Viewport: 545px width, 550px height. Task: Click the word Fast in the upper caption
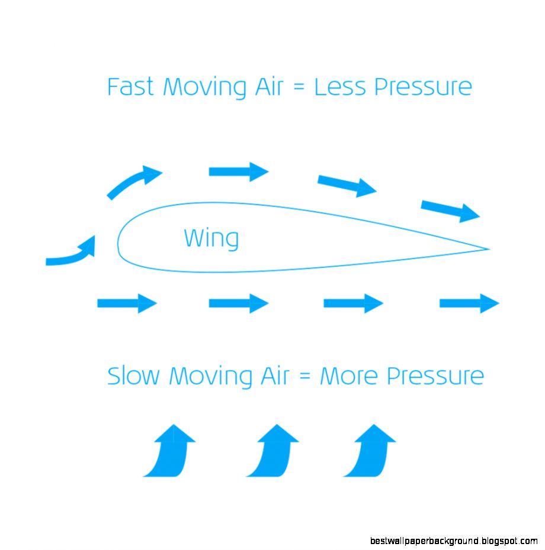pos(130,87)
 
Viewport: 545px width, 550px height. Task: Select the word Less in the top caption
pos(338,87)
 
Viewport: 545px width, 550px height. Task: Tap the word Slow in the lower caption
pos(134,376)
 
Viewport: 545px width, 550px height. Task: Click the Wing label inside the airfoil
pos(211,238)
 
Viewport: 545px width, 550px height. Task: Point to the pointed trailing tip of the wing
pos(487,249)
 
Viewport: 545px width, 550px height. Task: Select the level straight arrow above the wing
pos(239,172)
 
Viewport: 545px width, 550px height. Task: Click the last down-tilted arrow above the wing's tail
pos(450,210)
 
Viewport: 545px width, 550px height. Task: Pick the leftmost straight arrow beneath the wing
pos(127,303)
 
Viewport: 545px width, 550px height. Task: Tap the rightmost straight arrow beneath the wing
pos(469,303)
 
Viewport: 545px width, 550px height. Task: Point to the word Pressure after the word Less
pos(423,88)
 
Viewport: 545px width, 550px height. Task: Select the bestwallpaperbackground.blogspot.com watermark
pos(454,541)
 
